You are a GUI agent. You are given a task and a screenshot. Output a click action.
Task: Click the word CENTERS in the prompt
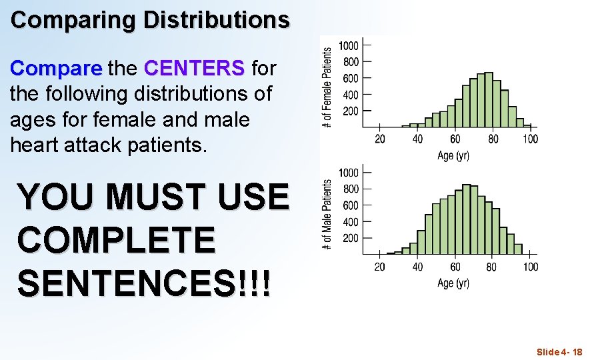(194, 68)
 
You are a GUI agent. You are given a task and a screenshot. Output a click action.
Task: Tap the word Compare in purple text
(56, 68)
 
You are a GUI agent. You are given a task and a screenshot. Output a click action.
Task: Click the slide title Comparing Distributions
(150, 20)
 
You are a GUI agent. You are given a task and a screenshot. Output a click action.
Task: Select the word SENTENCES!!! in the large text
(144, 283)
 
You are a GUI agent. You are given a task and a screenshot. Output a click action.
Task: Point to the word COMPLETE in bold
(117, 240)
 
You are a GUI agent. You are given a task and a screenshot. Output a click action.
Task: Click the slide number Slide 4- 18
(559, 351)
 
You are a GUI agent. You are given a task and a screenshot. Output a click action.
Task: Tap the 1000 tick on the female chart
(349, 46)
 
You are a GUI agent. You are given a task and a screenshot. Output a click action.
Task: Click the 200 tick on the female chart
(351, 111)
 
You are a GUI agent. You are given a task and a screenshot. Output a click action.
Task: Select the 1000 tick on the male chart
(349, 173)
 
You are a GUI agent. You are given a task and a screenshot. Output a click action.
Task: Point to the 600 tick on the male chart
(351, 205)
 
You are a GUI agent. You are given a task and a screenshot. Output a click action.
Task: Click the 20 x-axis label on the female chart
(380, 139)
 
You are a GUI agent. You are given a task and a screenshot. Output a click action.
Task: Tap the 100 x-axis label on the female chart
(530, 139)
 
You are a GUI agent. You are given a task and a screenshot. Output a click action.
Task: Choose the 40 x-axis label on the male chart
(417, 267)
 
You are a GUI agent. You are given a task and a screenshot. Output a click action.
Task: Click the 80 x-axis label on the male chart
(492, 267)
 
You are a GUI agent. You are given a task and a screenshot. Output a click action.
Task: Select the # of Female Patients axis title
(327, 87)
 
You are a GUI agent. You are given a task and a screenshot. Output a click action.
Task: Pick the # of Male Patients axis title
(327, 215)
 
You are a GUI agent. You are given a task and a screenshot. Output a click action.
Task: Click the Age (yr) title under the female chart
(453, 155)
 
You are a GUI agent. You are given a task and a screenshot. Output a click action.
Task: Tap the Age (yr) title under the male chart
(453, 283)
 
